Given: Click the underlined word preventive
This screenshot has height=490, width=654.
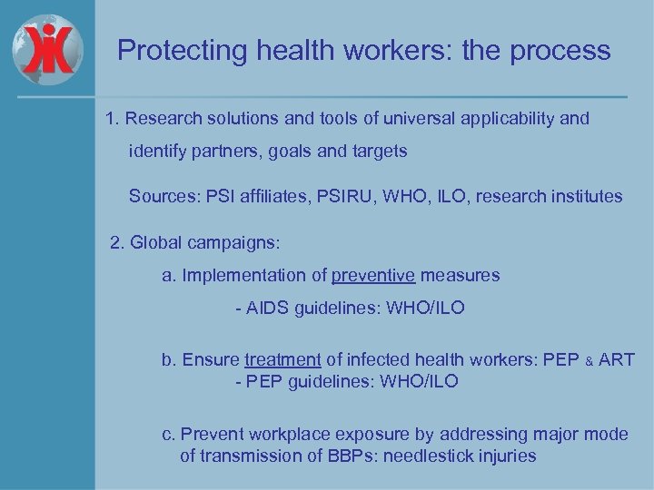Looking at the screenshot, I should tap(373, 274).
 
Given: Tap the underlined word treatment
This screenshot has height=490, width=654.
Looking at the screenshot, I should tap(282, 359).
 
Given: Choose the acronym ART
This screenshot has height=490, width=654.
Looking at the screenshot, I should tap(618, 359).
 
